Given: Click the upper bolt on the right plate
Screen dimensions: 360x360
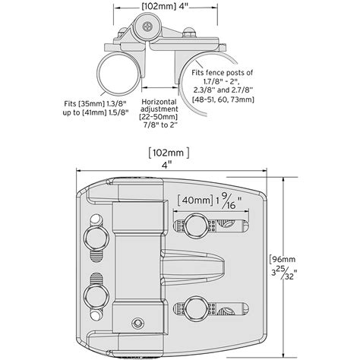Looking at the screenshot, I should coord(196,224).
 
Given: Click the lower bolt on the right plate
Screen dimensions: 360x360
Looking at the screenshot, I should coord(196,308).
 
